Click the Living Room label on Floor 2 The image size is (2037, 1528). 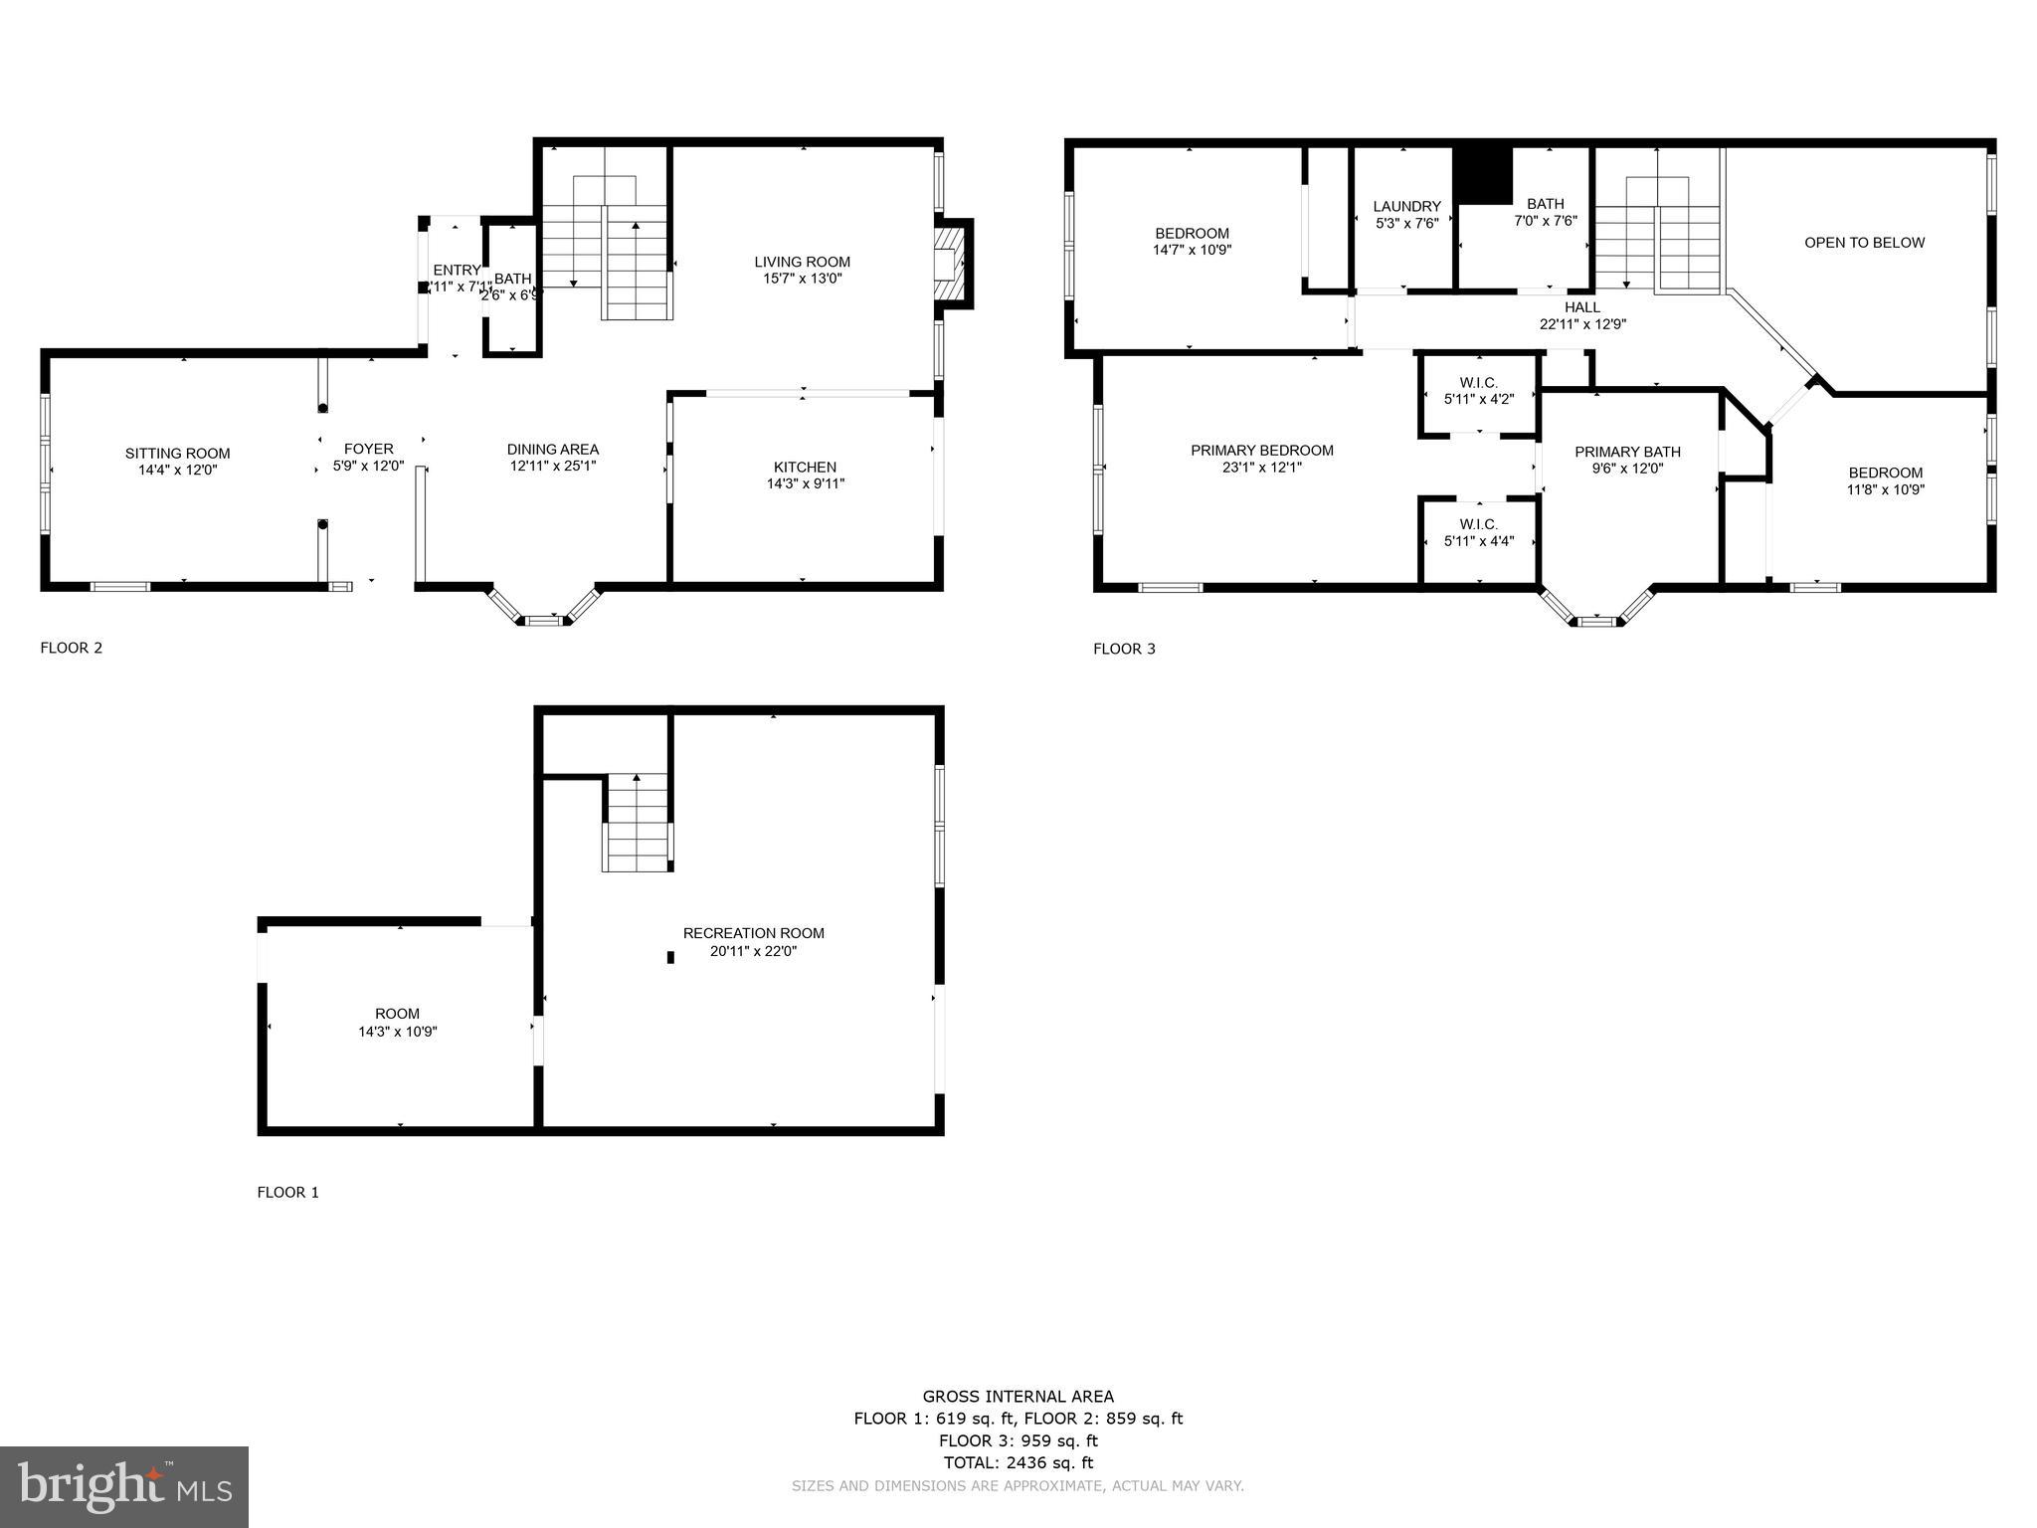802,263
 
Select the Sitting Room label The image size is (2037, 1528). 177,454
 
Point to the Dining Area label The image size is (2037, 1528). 552,450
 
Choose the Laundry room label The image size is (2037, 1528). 1406,207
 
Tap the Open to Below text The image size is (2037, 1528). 1864,243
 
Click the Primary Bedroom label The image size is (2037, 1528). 1261,451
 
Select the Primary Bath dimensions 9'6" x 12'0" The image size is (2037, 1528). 1627,469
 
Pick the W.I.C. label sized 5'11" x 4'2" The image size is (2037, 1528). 1478,383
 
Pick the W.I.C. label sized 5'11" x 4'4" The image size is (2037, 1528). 1478,524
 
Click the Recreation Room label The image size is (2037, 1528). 753,933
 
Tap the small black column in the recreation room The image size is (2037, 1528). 670,957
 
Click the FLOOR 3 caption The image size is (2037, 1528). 1124,649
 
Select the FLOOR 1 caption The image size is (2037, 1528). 287,1192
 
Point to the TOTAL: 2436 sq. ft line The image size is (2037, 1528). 1018,1462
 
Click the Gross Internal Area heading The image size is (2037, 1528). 1018,1397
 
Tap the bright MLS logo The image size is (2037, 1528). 124,1486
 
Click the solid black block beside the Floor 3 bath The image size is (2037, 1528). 1482,175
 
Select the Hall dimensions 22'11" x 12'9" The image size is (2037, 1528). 1582,324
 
